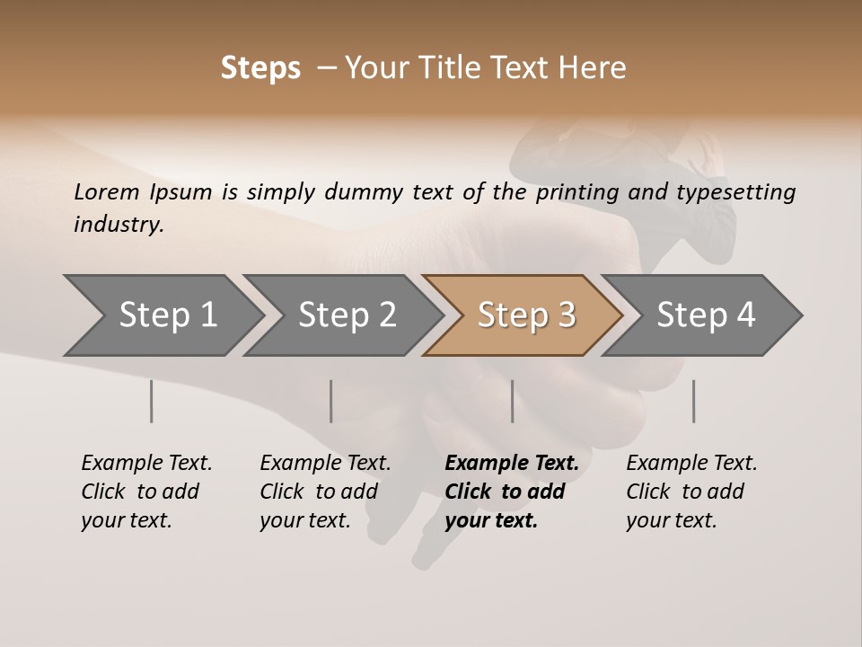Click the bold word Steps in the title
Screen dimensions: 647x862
tap(260, 68)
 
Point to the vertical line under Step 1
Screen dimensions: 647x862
tap(152, 401)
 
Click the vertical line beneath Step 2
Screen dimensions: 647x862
tap(331, 401)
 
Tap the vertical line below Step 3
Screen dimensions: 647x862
tap(513, 401)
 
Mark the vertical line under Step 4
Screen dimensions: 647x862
tap(694, 401)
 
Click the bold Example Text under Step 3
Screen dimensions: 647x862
tap(512, 492)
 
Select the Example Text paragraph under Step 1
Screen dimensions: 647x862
tap(146, 492)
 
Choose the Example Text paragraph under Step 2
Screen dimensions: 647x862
tap(325, 492)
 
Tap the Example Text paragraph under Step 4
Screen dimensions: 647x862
tap(691, 492)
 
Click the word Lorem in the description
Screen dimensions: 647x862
tap(106, 192)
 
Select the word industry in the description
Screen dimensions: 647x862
tap(118, 225)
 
